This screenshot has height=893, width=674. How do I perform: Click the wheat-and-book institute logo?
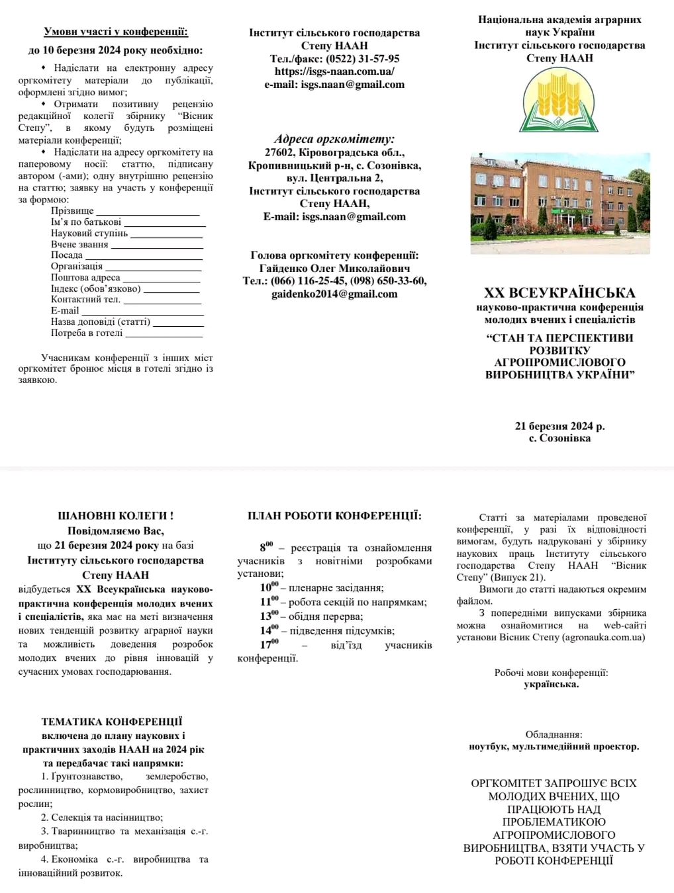click(x=560, y=101)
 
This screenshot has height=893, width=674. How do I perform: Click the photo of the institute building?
click(x=560, y=203)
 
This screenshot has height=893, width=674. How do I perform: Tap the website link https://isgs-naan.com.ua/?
click(x=334, y=71)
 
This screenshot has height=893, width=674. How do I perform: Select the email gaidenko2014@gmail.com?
click(x=334, y=294)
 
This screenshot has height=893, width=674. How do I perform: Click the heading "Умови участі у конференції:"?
click(x=116, y=32)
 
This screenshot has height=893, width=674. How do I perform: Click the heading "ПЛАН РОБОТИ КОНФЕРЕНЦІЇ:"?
click(x=334, y=516)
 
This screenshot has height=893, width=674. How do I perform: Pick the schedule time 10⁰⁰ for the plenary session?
click(x=269, y=587)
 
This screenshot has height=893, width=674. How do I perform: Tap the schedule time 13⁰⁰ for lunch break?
click(x=269, y=616)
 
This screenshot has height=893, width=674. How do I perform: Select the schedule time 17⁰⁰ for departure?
click(x=269, y=644)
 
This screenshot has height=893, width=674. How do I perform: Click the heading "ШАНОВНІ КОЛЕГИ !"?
click(x=116, y=516)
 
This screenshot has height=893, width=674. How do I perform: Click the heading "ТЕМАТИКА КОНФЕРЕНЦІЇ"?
click(x=112, y=722)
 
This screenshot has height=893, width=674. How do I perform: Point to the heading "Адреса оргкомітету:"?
click(x=334, y=139)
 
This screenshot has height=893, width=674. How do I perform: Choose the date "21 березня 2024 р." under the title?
click(x=559, y=426)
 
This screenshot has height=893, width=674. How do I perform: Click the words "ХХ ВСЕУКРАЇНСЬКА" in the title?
click(x=559, y=293)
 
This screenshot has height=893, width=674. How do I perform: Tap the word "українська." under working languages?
click(x=551, y=684)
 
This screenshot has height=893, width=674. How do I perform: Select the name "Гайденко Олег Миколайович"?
click(x=334, y=269)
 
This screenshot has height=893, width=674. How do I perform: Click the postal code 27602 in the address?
click(x=278, y=153)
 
